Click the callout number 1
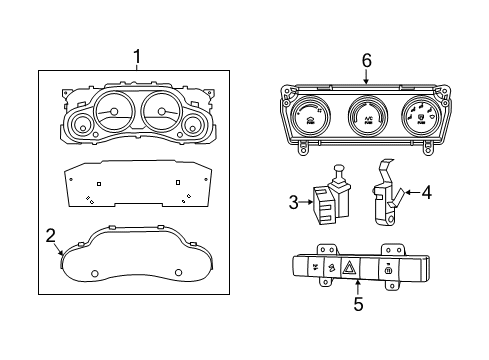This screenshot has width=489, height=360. [x=137, y=56]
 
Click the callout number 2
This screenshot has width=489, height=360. [x=50, y=236]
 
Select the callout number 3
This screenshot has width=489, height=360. [x=294, y=203]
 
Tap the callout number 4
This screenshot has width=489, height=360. [x=426, y=192]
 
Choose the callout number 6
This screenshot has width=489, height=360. [x=366, y=61]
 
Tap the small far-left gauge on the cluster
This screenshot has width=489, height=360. [x=79, y=125]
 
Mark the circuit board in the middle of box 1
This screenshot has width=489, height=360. [x=137, y=185]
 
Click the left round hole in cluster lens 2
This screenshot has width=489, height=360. [x=94, y=273]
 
